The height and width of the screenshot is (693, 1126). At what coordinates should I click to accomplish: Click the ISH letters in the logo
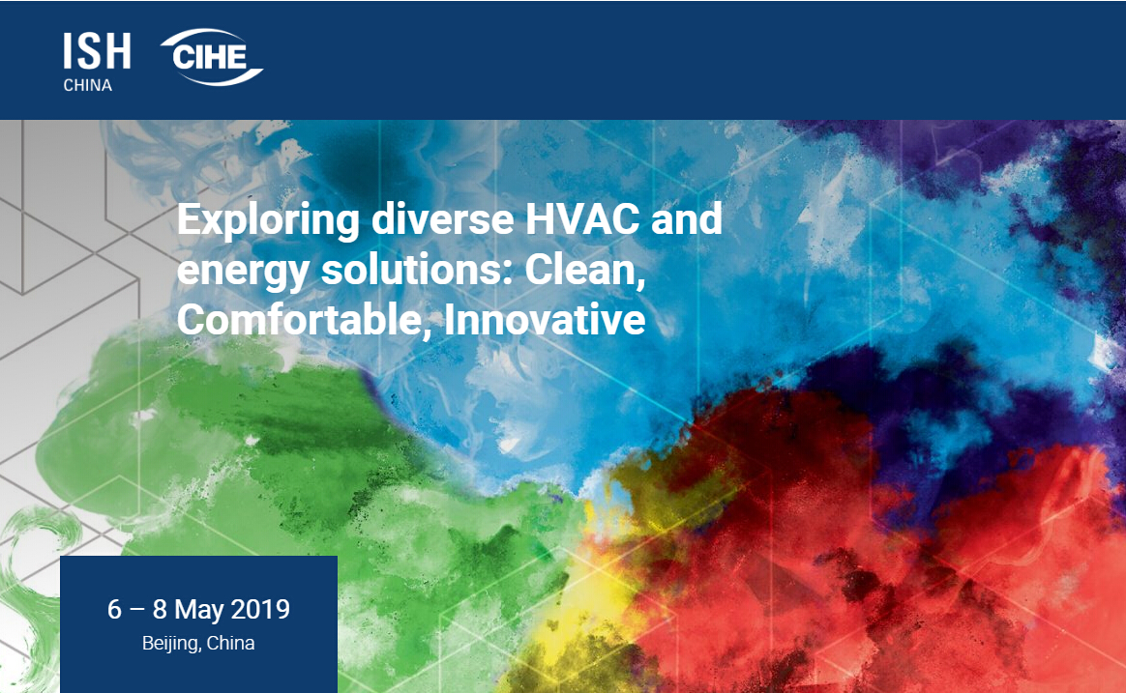(97, 51)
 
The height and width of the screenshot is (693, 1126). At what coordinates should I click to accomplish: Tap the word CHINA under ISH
(88, 85)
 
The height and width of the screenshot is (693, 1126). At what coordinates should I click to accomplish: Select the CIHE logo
(212, 57)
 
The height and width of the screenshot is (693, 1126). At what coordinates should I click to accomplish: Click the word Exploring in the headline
(268, 221)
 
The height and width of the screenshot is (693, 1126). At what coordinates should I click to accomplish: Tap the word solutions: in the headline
(417, 270)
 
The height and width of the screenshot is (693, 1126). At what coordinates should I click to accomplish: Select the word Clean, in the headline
(585, 272)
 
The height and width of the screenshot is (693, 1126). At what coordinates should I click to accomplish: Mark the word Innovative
(545, 320)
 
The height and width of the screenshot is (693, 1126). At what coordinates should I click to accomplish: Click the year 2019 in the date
(260, 609)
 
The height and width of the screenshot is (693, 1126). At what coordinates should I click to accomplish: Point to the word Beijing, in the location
(171, 644)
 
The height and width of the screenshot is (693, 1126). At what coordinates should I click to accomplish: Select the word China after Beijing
(230, 643)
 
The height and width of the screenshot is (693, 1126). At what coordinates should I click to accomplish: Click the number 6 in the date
(115, 609)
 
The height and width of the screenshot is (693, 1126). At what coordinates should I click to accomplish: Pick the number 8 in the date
(160, 609)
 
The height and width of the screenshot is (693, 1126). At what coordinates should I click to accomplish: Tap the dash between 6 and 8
(137, 611)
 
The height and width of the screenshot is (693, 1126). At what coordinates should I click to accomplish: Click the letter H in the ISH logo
(117, 51)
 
